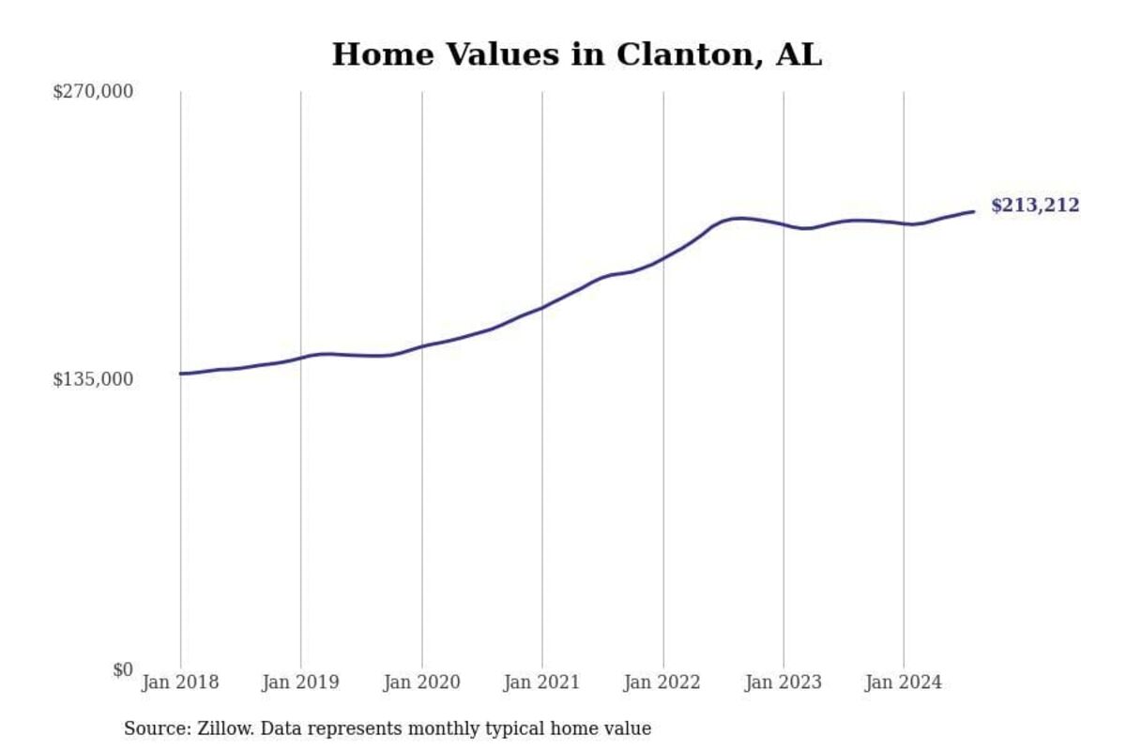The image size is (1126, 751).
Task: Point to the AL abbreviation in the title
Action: click(x=799, y=55)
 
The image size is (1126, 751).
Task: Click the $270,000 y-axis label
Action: click(x=93, y=92)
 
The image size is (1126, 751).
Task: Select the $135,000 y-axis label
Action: click(x=93, y=379)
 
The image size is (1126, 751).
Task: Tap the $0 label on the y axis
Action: click(x=123, y=669)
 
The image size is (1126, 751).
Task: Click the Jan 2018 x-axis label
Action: click(x=180, y=682)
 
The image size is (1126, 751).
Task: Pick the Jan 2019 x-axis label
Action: click(x=301, y=682)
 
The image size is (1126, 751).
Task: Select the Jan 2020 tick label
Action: click(x=421, y=682)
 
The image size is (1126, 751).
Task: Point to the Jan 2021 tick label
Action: click(x=542, y=682)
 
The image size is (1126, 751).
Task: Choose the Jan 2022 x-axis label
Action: click(x=662, y=682)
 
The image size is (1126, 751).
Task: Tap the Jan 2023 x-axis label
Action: click(x=784, y=682)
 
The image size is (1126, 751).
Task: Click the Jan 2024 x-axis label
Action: click(x=904, y=682)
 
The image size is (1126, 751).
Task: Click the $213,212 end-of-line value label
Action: click(x=1035, y=207)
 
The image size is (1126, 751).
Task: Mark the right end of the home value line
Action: click(x=974, y=211)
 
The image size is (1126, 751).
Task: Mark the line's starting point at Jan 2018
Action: click(x=181, y=374)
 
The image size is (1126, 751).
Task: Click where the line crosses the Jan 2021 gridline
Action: click(x=542, y=307)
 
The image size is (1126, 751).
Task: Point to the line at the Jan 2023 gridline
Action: click(x=784, y=224)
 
